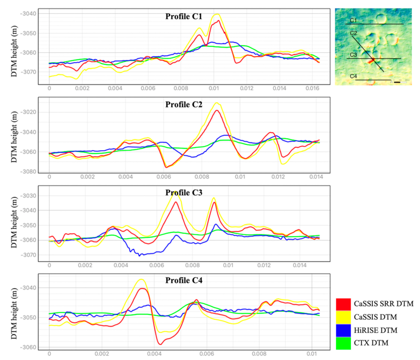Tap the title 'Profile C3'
(x=184, y=193)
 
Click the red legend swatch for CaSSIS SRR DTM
(x=343, y=304)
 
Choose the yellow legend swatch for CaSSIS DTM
(x=343, y=317)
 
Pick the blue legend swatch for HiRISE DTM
(x=343, y=331)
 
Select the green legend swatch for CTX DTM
(x=343, y=344)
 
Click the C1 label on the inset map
(x=353, y=20)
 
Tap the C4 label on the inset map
(x=353, y=76)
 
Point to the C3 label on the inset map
(x=353, y=55)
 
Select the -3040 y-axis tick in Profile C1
(x=29, y=14)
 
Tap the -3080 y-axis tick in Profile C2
(x=29, y=172)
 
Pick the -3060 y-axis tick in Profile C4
(x=29, y=347)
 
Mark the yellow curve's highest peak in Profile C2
(x=216, y=103)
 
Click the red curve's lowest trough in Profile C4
(x=160, y=344)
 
